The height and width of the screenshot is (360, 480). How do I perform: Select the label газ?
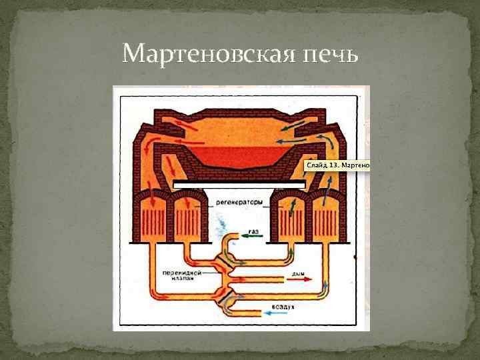pos(253,231)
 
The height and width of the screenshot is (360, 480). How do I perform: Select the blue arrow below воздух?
pos(275,313)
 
